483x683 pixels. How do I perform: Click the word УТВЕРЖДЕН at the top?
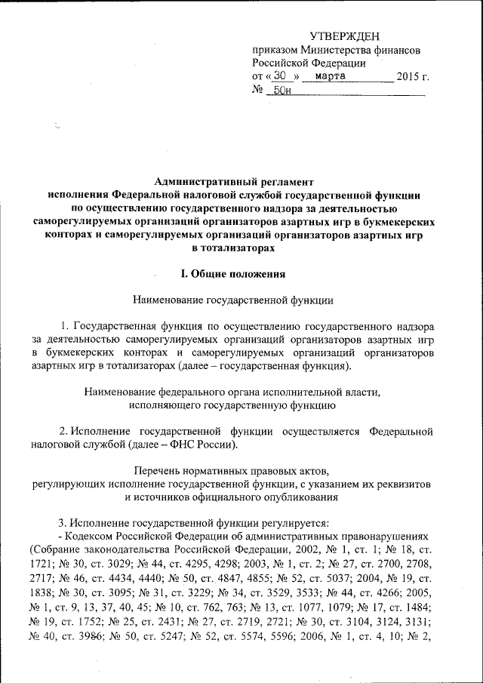click(346, 36)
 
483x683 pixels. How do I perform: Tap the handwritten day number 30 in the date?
click(280, 76)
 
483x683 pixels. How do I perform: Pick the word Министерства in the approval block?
click(327, 50)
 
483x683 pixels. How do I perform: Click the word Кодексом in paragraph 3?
click(94, 535)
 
